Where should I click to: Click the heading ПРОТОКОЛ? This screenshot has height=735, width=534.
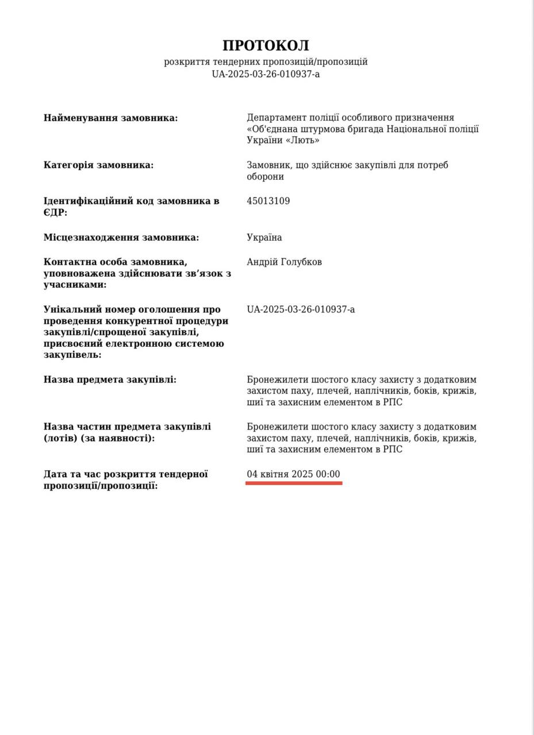(x=266, y=45)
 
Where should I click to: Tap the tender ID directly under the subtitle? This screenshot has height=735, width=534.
(x=266, y=74)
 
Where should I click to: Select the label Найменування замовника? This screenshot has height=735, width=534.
(x=110, y=118)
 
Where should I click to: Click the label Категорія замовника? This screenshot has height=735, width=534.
(x=98, y=165)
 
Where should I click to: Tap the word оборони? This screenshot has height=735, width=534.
(x=265, y=177)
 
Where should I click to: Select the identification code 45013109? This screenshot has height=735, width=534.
(x=268, y=201)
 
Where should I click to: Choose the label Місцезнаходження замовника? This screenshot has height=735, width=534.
(x=121, y=237)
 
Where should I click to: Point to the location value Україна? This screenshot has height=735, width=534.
(x=264, y=237)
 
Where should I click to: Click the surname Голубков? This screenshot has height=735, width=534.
(x=301, y=262)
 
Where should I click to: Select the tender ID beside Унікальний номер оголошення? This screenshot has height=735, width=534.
(x=301, y=310)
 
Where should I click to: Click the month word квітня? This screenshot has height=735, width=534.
(x=274, y=474)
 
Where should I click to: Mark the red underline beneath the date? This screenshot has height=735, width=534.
(x=294, y=483)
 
